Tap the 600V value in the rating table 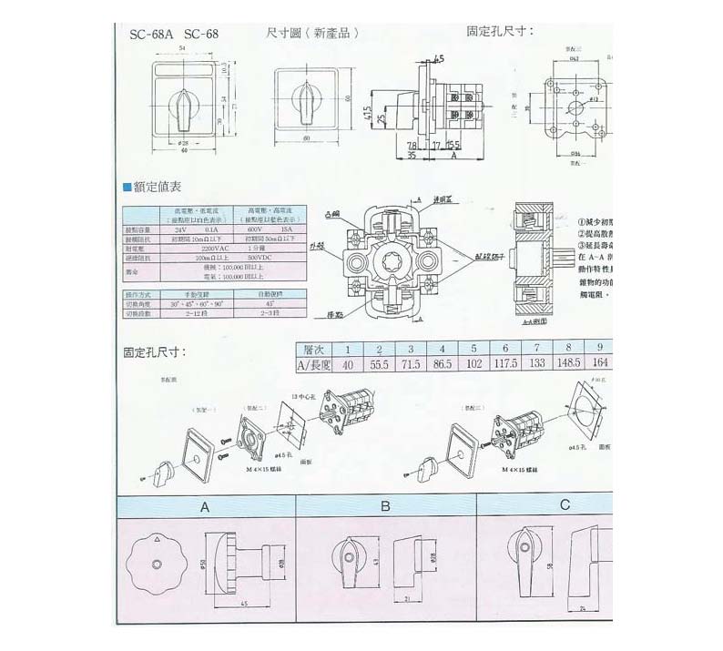(248, 229)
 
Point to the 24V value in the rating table (180, 229)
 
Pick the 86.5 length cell (442, 364)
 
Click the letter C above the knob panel (565, 504)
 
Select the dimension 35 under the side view (412, 156)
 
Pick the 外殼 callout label (317, 247)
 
